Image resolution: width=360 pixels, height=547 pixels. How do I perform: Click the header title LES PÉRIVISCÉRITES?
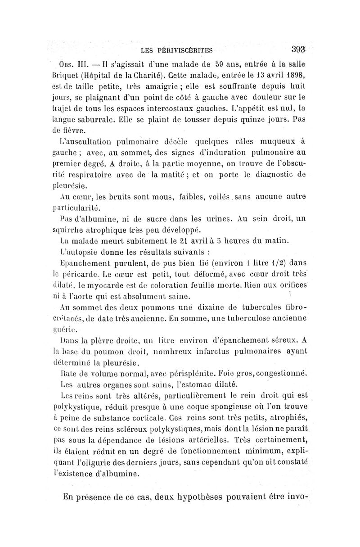176,50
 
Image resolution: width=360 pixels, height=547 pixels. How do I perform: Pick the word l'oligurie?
94,462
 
